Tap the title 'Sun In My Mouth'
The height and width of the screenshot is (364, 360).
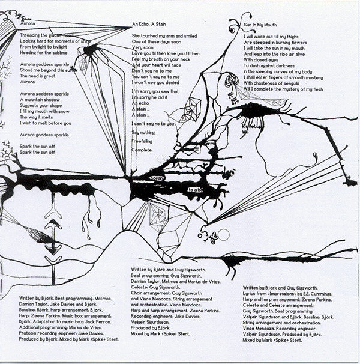click(x=260, y=27)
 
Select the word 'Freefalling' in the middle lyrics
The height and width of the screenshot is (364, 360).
click(x=144, y=139)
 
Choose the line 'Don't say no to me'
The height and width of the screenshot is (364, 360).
click(x=151, y=70)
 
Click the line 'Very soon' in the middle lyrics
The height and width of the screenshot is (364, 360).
click(x=143, y=47)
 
